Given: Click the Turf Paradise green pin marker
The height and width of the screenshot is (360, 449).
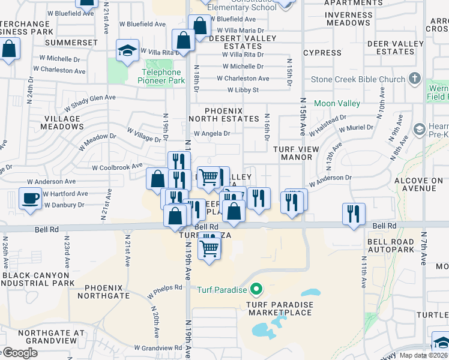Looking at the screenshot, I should click(x=256, y=290).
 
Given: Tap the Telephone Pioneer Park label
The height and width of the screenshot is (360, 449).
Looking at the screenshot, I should click(x=160, y=76).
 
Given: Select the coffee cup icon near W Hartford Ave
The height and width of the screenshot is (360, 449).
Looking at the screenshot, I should click(x=30, y=199).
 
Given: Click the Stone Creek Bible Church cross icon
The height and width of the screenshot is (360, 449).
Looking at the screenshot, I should click(x=414, y=79).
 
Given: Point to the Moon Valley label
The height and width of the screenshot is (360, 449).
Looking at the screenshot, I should click(x=337, y=104).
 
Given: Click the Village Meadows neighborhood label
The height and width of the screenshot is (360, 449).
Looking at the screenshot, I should click(x=62, y=123).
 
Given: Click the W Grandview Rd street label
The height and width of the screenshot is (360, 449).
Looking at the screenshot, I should click(x=158, y=347).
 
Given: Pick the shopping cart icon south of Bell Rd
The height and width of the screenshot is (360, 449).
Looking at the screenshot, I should click(x=208, y=246).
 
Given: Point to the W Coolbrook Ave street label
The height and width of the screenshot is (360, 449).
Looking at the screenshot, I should click(x=117, y=166).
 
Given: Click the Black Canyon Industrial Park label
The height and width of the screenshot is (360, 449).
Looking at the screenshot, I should click(x=38, y=279).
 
